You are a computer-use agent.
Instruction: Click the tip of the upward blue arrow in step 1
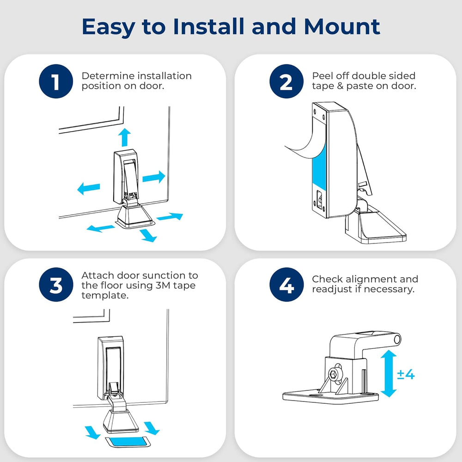[x=124, y=128]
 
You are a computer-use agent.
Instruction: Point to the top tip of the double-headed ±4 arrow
[x=389, y=350]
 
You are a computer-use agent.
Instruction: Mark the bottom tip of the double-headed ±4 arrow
[x=389, y=397]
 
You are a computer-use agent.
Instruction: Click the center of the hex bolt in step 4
[x=334, y=375]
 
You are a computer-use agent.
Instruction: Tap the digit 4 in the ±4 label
[x=409, y=375]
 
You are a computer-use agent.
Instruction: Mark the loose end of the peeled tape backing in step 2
[x=286, y=146]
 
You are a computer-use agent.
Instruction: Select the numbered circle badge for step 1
[x=56, y=81]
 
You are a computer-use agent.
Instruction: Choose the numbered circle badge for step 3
[x=56, y=285]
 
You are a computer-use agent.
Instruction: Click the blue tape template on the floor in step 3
[x=127, y=441]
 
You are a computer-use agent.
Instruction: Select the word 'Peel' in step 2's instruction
[x=322, y=76]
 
